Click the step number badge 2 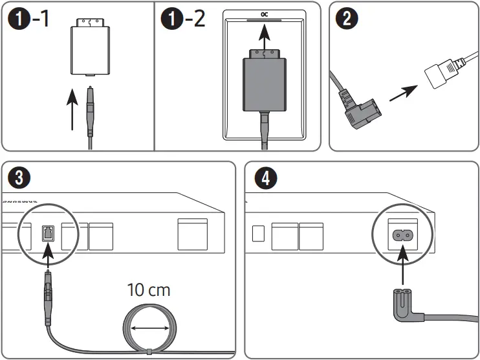pos(347,19)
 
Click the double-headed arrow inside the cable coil pos(149,329)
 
